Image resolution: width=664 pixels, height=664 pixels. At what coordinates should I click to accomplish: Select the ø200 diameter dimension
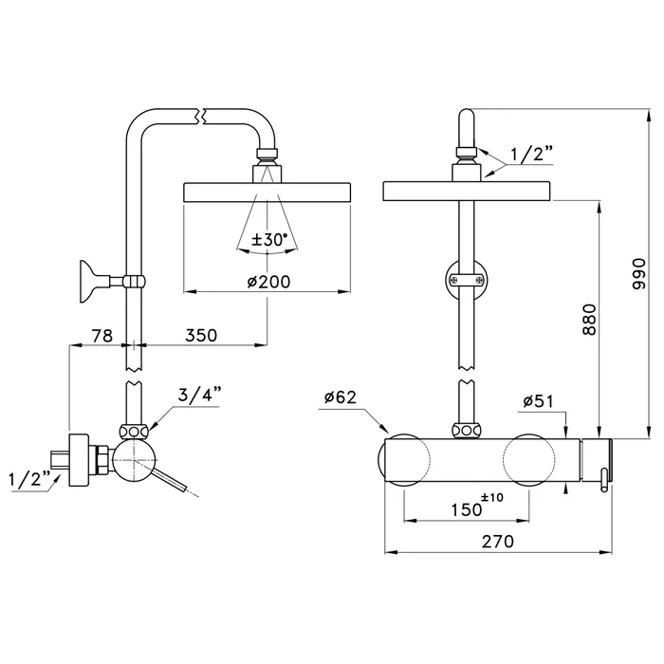pos(267,281)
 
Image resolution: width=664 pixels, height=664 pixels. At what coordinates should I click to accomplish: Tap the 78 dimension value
pos(102,335)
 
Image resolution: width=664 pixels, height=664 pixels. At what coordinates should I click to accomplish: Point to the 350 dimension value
pos(200,335)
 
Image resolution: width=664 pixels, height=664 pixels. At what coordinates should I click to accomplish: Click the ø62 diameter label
pos(341,397)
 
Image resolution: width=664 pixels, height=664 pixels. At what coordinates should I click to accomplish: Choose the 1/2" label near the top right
pos(532,153)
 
